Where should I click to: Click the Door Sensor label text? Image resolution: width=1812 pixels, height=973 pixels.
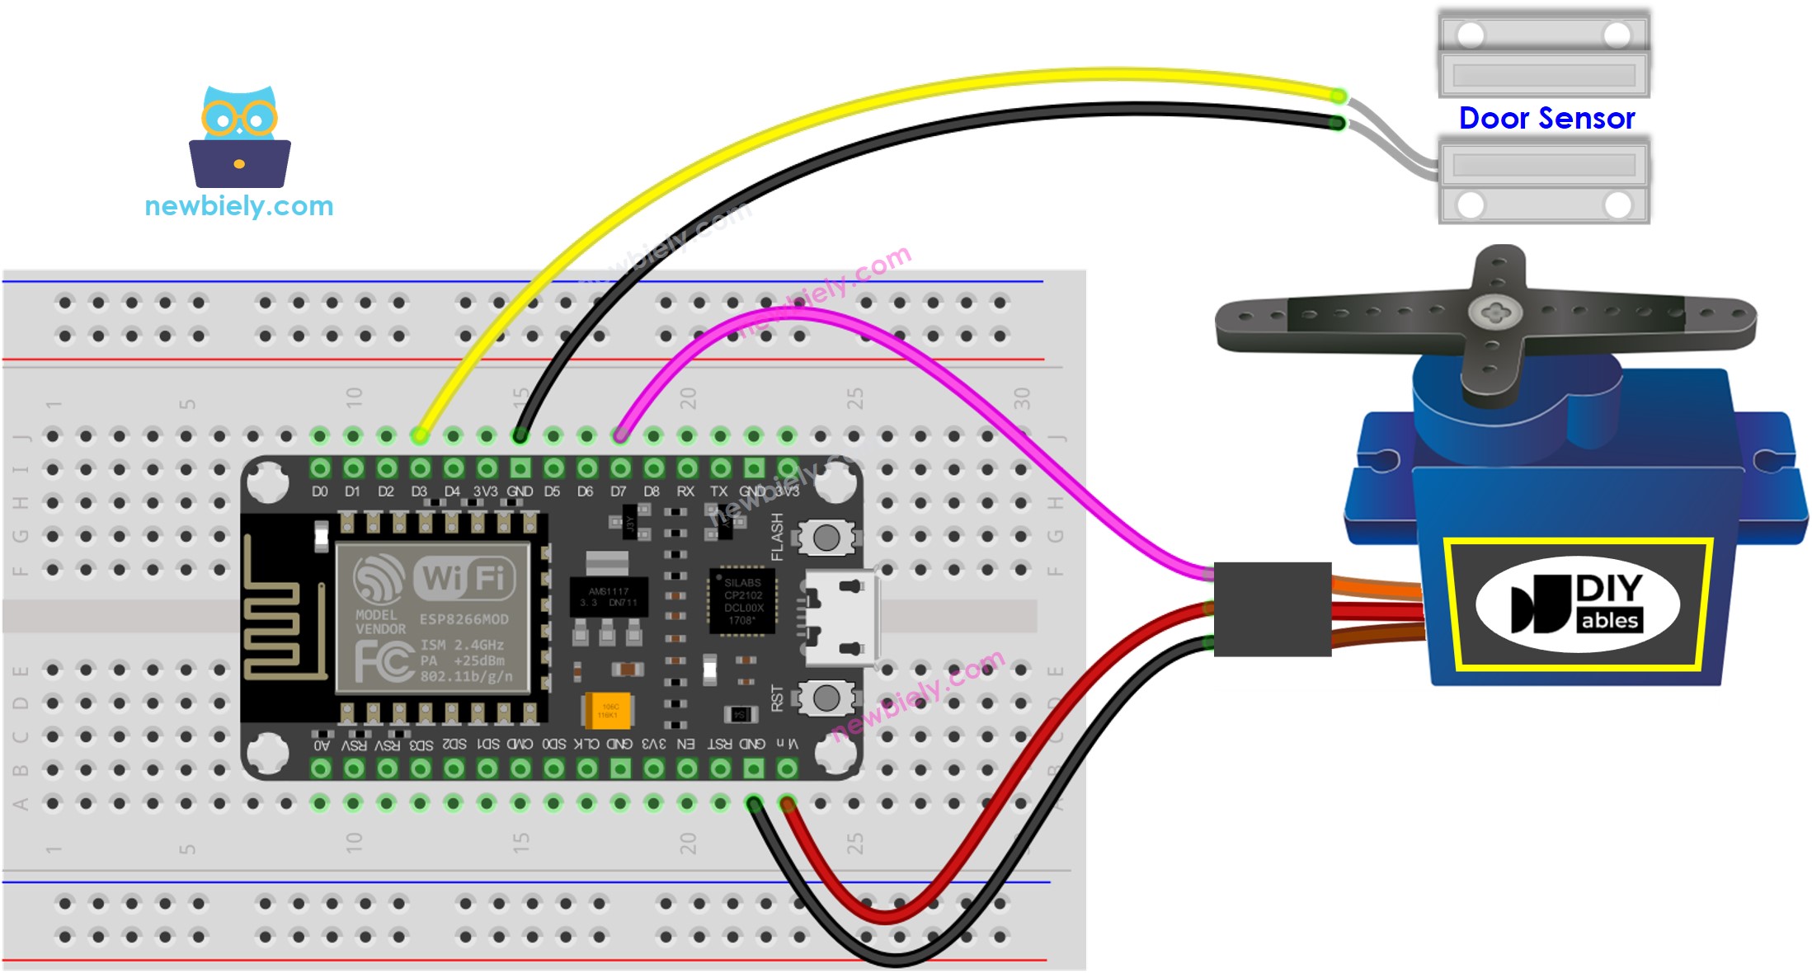pos(1546,119)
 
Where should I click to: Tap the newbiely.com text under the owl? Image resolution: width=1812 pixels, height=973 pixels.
pos(239,205)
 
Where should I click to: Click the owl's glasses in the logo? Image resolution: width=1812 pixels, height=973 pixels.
pos(239,119)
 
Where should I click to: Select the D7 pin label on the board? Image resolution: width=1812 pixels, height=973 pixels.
pos(619,491)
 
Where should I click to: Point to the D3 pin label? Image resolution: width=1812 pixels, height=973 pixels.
pos(419,491)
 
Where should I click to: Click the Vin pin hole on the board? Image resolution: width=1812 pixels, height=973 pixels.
pos(787,769)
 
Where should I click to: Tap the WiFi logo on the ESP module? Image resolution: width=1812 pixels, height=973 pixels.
pos(467,577)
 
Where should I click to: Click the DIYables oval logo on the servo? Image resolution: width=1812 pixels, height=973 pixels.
pos(1577,604)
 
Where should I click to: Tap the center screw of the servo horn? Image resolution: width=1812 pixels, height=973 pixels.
pos(1494,313)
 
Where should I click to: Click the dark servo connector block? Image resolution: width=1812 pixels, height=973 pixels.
pos(1272,609)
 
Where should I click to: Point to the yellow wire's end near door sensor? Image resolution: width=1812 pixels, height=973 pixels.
pos(1338,96)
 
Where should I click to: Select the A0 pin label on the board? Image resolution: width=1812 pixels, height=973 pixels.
pos(322,745)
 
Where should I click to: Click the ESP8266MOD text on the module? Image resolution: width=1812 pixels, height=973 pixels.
pos(464,619)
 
